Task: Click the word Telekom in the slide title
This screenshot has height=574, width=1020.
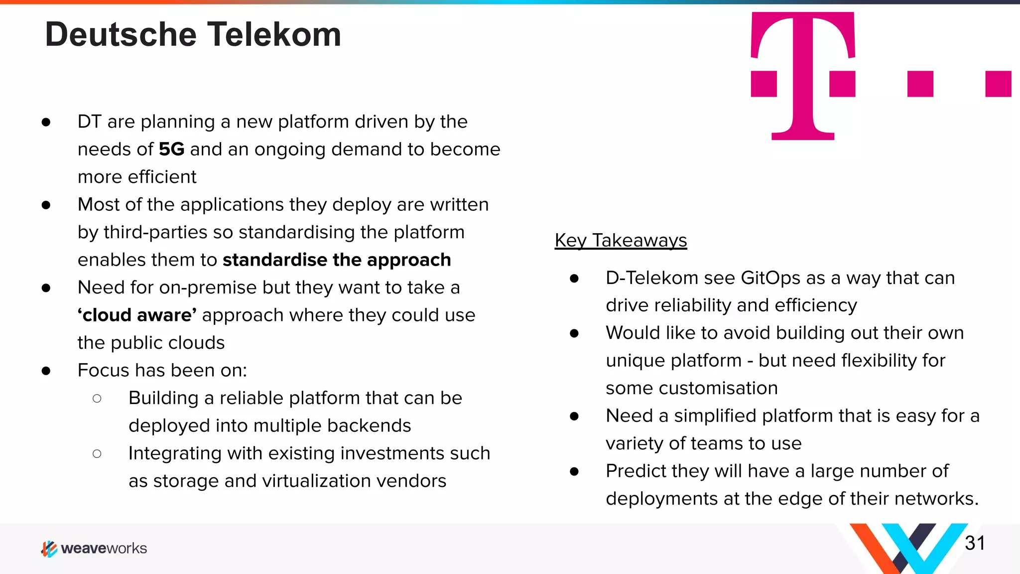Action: click(274, 35)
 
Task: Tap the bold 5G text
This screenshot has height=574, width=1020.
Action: click(171, 149)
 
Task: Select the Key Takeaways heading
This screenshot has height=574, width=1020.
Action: click(621, 241)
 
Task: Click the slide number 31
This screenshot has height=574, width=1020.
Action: click(975, 543)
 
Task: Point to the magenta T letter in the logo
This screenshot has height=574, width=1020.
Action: click(803, 75)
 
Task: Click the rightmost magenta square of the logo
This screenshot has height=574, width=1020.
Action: click(998, 84)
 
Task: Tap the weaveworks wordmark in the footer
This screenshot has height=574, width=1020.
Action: click(104, 549)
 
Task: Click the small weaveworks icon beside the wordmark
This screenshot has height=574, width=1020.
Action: click(49, 549)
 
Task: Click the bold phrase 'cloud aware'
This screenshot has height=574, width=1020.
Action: click(137, 315)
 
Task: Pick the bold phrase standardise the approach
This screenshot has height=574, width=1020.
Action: click(337, 260)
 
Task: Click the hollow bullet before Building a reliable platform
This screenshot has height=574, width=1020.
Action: click(97, 399)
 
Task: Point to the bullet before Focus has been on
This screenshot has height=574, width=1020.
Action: click(46, 371)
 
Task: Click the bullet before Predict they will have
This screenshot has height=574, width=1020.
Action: click(574, 471)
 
